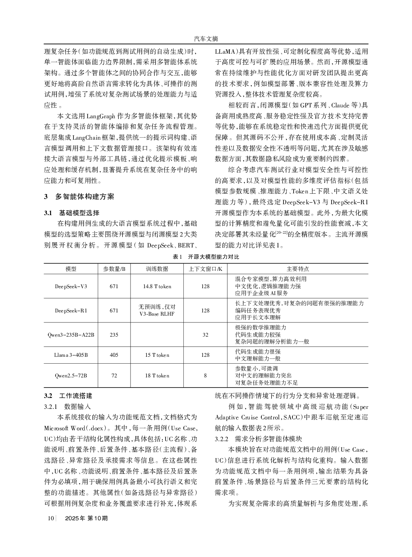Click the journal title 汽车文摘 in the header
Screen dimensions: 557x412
[x=206, y=39]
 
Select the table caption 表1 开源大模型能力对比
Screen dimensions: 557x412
[x=206, y=257]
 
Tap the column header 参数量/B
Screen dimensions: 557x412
[x=114, y=269]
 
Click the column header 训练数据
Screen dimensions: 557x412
[x=157, y=269]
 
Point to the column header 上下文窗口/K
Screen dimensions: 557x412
[x=205, y=269]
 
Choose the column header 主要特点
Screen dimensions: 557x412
[x=298, y=269]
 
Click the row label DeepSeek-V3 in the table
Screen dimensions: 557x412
[x=71, y=286]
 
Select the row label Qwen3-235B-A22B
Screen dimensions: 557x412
[x=71, y=335]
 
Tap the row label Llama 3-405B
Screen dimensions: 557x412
[x=71, y=355]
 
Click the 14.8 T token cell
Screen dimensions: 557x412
[x=157, y=286]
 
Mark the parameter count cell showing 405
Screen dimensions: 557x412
[x=114, y=355]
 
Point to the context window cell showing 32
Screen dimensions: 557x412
[x=205, y=335]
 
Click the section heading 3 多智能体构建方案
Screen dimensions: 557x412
[x=79, y=197]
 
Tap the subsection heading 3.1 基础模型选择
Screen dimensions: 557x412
[x=72, y=213]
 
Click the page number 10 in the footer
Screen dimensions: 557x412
[x=50, y=518]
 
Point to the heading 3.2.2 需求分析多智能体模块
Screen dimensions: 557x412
[x=259, y=439]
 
